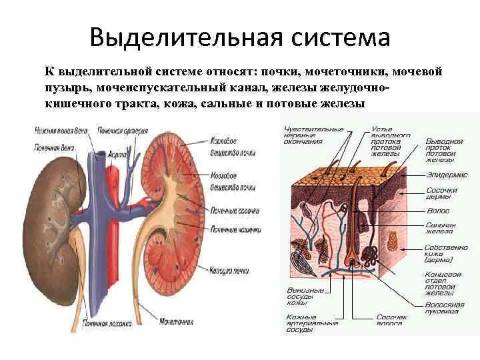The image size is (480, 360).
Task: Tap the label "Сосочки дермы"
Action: (x=441, y=194)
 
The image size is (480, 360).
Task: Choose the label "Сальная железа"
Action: (x=441, y=229)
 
